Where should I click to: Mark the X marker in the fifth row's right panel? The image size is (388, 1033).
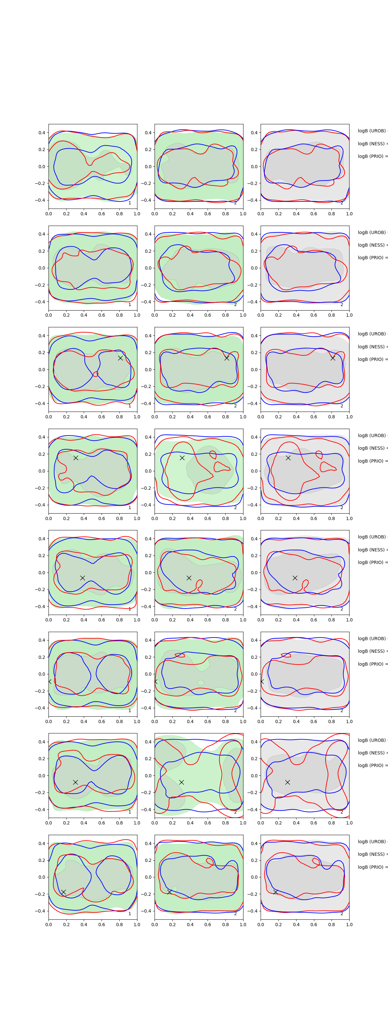tap(295, 578)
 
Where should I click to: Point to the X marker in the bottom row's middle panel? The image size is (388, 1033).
tap(169, 892)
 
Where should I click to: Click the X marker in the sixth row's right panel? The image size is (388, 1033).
tap(262, 681)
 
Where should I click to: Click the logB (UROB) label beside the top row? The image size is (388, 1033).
tap(372, 131)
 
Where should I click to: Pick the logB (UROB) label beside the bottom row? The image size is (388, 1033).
tap(372, 841)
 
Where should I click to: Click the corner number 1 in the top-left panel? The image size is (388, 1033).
tap(130, 203)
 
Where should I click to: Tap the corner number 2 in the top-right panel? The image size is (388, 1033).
tap(342, 203)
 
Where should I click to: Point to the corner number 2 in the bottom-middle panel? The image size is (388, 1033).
tap(235, 914)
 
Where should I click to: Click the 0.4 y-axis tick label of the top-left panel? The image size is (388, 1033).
tap(42, 133)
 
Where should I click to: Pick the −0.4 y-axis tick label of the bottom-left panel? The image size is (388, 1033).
tap(40, 911)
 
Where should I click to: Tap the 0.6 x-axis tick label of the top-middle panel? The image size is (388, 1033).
tap(208, 214)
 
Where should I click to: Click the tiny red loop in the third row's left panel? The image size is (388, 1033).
tap(96, 374)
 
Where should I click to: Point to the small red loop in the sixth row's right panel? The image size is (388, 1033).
tap(286, 655)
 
